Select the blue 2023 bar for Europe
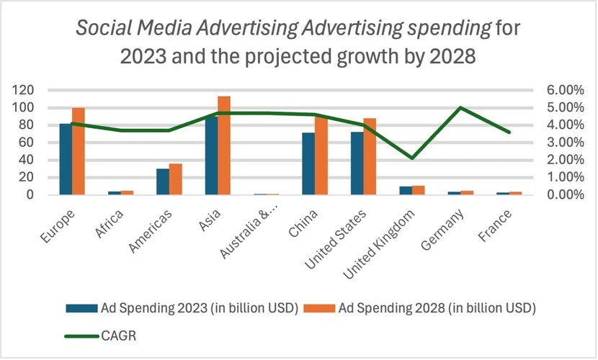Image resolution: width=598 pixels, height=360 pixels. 66,159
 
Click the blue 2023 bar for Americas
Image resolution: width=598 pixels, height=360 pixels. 163,181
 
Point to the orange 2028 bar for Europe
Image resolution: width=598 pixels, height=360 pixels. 79,151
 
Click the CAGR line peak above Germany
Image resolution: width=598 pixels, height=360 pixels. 460,108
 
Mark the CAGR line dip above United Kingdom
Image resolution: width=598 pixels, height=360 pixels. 411,158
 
